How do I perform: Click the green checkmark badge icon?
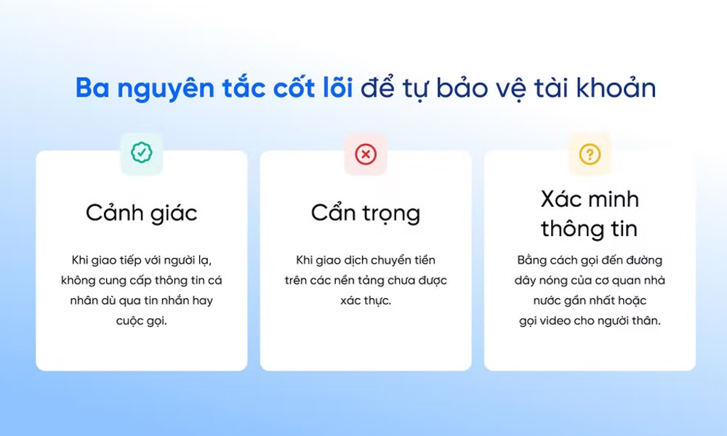click(142, 153)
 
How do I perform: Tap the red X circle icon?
click(366, 154)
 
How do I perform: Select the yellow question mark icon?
click(590, 154)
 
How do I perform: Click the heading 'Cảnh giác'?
click(142, 213)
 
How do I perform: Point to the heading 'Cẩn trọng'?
click(366, 213)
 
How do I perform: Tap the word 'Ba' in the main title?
click(93, 88)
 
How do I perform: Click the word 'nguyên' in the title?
click(166, 89)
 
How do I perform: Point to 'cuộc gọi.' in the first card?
click(142, 321)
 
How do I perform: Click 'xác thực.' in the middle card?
click(366, 301)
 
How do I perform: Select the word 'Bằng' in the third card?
click(532, 261)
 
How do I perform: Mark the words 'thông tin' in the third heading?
click(589, 228)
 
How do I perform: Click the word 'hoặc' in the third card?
click(632, 301)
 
